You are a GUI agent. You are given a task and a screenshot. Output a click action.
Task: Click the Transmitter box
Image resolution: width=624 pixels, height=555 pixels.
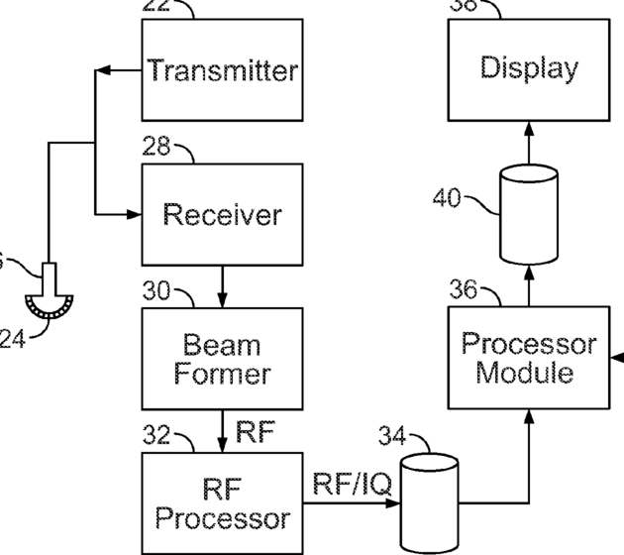(222, 69)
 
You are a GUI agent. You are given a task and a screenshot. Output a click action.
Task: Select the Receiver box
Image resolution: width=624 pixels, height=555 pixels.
(222, 213)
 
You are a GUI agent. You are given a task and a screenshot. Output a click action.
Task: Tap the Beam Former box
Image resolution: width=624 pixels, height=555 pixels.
(222, 359)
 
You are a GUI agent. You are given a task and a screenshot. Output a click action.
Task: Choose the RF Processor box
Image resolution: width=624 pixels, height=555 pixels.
(222, 502)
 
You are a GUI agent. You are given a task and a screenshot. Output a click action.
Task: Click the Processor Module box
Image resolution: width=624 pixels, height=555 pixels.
(530, 358)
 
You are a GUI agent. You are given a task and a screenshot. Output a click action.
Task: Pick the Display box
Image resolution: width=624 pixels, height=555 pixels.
(529, 68)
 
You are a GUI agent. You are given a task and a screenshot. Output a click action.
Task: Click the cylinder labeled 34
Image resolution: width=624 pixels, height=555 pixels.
(429, 503)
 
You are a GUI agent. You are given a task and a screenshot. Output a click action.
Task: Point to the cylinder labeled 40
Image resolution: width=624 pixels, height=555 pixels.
(529, 213)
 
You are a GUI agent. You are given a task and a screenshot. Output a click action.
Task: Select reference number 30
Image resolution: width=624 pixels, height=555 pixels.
(156, 293)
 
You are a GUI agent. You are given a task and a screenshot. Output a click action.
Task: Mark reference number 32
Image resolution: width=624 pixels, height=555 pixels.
(156, 437)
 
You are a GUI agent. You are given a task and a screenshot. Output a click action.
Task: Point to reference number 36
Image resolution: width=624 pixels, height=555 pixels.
(464, 291)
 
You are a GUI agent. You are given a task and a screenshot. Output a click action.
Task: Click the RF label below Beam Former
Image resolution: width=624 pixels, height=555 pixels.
(255, 432)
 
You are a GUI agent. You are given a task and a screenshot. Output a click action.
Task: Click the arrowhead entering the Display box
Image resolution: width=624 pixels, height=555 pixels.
(529, 128)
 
